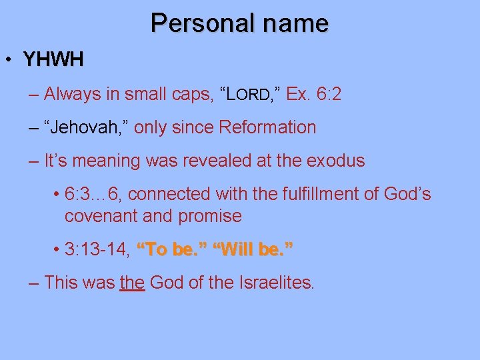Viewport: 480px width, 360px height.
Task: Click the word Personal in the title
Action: click(x=195, y=23)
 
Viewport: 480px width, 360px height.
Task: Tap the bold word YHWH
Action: click(x=53, y=60)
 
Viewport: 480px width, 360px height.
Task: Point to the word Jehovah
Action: click(x=86, y=127)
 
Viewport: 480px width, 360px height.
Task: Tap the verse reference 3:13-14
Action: click(x=97, y=249)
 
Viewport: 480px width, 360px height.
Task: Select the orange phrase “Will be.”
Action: click(x=253, y=249)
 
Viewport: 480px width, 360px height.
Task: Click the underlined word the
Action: click(x=133, y=282)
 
